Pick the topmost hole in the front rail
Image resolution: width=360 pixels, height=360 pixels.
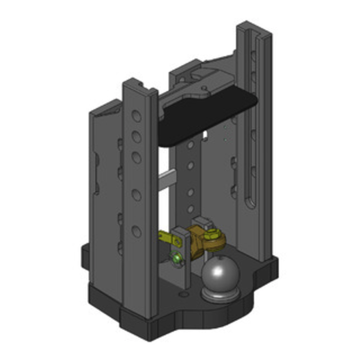(x=136, y=117)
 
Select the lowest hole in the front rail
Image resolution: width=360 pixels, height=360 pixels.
(x=136, y=231)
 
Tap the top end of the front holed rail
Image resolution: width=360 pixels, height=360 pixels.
(x=140, y=85)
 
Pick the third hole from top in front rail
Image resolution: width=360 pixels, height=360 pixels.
(x=136, y=157)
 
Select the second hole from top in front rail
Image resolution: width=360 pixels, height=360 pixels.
(x=136, y=136)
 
